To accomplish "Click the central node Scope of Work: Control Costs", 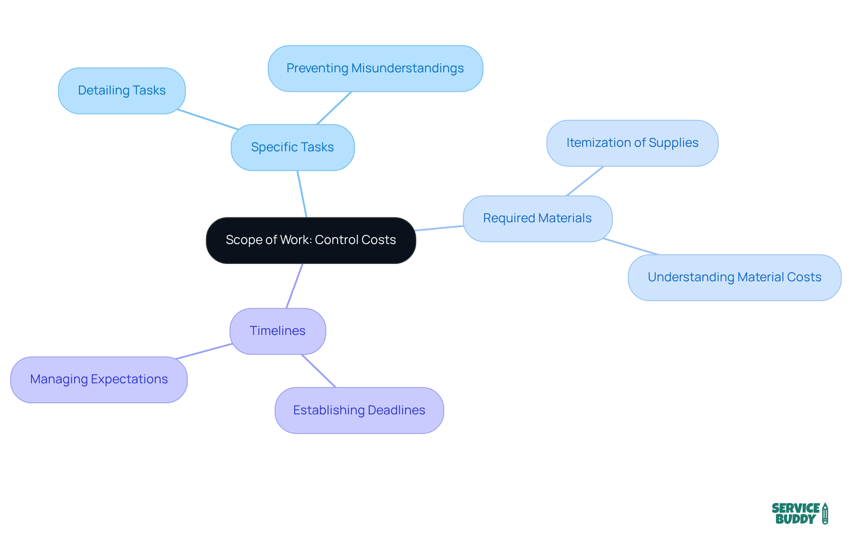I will click(x=311, y=240).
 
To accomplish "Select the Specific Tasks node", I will click(x=292, y=147).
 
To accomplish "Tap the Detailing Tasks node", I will click(x=122, y=90).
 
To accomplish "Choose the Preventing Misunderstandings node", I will click(x=375, y=68).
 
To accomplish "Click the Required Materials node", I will click(x=537, y=218).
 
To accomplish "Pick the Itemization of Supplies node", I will click(x=632, y=143).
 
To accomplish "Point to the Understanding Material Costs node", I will click(x=734, y=277).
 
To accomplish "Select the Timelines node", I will click(x=277, y=331).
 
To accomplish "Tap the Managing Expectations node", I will click(x=99, y=379).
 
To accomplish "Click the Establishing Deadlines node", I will click(x=359, y=410).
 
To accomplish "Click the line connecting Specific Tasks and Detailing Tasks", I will click(x=208, y=119).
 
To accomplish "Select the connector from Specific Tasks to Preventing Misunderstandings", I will click(x=334, y=108).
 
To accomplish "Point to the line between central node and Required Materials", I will click(x=439, y=228).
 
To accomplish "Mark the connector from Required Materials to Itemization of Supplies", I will click(x=585, y=181).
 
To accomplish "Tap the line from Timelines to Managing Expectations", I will click(x=204, y=351).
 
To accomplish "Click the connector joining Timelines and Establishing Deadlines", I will click(x=319, y=371).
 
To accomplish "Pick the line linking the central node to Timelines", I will click(x=295, y=286).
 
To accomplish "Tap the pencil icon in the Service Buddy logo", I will click(x=825, y=513).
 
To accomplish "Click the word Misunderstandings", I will click(x=407, y=68).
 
